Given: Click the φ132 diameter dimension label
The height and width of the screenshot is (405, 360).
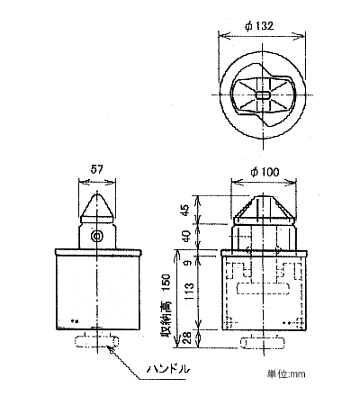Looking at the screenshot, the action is pos(259,26).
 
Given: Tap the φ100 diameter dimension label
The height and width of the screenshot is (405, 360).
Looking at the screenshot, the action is pos(265,172).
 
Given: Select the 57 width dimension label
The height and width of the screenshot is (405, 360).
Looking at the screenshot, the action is pos(96,169).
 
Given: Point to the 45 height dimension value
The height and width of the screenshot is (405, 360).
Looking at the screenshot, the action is pos(186,210).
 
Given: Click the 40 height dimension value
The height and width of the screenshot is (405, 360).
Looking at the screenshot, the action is pos(186,237).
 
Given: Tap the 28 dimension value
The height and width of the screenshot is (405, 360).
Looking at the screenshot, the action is pos(186,339).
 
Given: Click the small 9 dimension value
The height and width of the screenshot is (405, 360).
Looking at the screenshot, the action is pos(187,264).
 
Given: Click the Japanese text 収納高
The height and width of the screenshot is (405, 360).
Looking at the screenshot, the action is pos(166,319).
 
